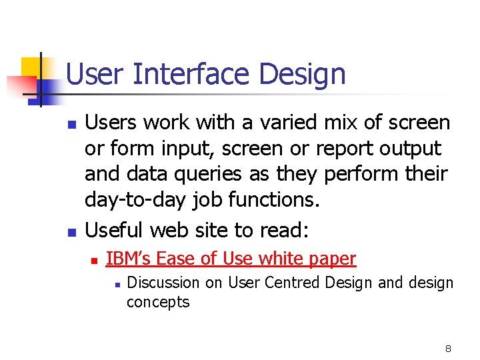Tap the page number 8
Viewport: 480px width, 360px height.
(x=448, y=349)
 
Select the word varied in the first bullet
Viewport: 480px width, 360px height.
(x=270, y=123)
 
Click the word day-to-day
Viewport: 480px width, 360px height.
(x=135, y=199)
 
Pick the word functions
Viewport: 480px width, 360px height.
(x=267, y=199)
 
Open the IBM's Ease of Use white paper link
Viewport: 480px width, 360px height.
(x=231, y=258)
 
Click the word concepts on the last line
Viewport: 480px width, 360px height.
(x=158, y=302)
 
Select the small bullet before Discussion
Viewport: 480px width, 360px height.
(x=116, y=284)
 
